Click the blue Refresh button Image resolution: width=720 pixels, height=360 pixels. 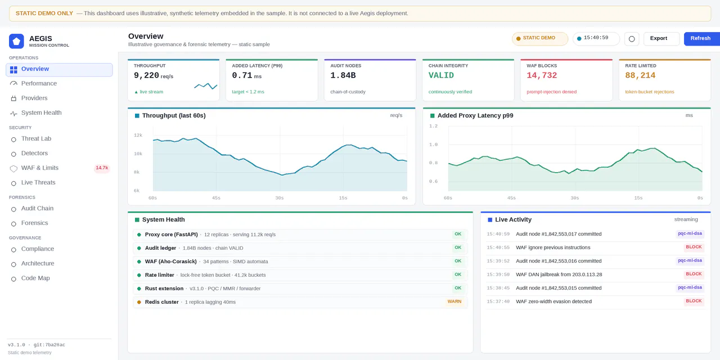[701, 39]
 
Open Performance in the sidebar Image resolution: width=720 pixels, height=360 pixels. [39, 84]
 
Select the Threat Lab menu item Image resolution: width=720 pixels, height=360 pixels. [37, 138]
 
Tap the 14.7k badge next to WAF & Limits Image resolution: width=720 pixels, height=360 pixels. [102, 168]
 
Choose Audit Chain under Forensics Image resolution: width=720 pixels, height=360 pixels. [37, 208]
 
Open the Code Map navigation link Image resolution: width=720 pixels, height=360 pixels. [35, 278]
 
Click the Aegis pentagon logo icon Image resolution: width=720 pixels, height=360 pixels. [16, 41]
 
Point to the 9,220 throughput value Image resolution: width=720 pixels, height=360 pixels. [147, 75]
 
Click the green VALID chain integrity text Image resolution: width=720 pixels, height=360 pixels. [441, 75]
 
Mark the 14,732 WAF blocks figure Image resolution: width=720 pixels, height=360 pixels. [542, 75]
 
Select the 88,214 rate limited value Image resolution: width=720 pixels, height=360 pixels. [640, 75]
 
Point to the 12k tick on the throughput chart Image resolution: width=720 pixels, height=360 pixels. [138, 136]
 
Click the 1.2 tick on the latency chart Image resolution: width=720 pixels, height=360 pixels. [433, 126]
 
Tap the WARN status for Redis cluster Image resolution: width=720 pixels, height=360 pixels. [454, 301]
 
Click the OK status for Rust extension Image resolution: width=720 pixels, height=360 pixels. [458, 288]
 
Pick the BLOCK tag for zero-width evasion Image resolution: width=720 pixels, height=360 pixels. [694, 301]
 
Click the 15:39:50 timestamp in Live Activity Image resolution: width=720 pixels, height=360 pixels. [498, 274]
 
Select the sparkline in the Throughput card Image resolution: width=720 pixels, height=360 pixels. [206, 86]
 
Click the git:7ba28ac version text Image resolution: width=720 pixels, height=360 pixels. [49, 345]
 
